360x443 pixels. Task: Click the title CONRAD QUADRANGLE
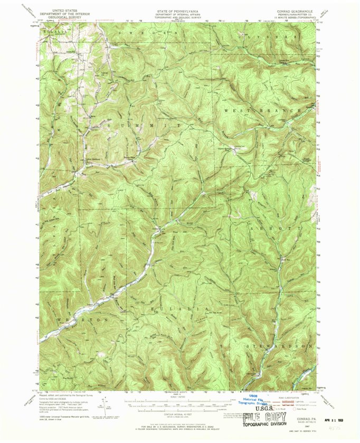click(x=299, y=10)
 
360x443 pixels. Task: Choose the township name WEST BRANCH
click(x=262, y=110)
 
